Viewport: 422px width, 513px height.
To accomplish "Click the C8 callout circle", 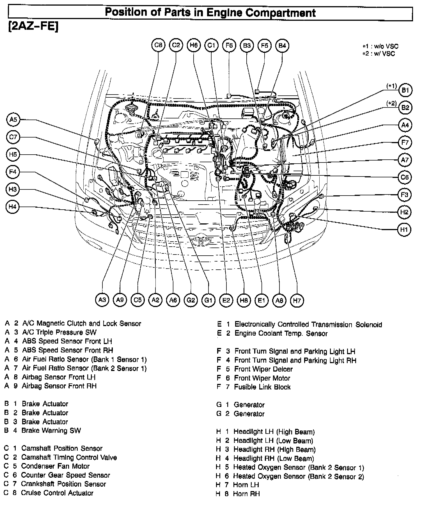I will click(x=158, y=45).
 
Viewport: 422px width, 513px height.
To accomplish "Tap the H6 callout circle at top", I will click(x=194, y=45).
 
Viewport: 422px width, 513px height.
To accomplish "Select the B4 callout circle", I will click(x=282, y=45).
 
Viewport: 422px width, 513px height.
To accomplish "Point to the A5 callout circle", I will click(x=13, y=120).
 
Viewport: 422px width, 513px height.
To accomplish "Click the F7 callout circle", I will click(x=405, y=143).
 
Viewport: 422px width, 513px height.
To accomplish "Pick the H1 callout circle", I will click(x=404, y=230).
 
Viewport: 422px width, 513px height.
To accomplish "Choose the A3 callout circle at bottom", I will click(x=102, y=300).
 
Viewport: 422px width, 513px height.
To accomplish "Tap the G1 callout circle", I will click(x=208, y=300).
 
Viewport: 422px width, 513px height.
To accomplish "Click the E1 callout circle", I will click(x=261, y=300).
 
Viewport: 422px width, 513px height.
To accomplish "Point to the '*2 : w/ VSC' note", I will click(x=379, y=54).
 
